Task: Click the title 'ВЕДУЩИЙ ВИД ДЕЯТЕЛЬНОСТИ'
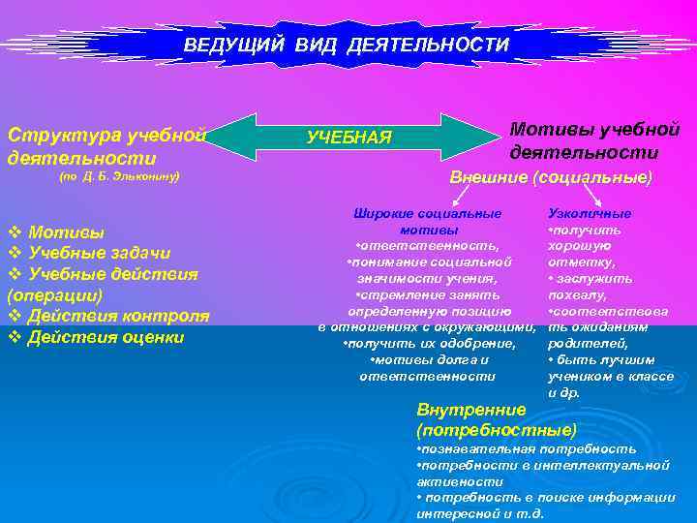[x=346, y=46]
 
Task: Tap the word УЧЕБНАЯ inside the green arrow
[x=348, y=138]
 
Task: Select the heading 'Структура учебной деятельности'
[x=106, y=144]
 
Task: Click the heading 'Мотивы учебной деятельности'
[x=594, y=140]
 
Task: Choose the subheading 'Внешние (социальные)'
[x=551, y=178]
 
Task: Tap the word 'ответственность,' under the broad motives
[x=428, y=246]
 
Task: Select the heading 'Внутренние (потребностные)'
[x=495, y=418]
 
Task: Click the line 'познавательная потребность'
[x=527, y=448]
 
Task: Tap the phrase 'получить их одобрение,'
[x=428, y=344]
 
